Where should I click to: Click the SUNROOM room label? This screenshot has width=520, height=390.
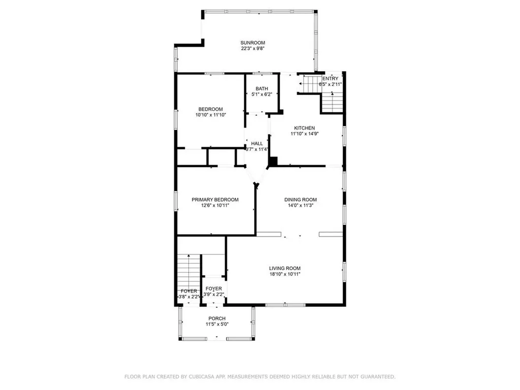[253, 43]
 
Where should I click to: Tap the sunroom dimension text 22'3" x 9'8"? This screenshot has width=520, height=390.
[253, 49]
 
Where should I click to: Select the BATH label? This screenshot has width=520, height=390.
[262, 89]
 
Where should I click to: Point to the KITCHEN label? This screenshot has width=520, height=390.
[305, 128]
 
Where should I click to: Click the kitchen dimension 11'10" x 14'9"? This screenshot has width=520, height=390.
[305, 134]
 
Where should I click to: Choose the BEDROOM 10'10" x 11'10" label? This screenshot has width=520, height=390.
[210, 109]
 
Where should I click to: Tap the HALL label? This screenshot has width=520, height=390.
[256, 144]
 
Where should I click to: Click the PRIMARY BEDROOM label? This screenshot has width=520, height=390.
[215, 200]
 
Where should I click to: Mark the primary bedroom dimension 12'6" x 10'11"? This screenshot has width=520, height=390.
[215, 206]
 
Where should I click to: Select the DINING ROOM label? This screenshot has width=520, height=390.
[300, 200]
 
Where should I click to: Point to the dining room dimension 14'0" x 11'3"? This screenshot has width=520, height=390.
[300, 206]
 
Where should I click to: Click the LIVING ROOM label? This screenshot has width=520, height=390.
[285, 268]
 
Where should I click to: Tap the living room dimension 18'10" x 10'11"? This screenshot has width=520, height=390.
[285, 274]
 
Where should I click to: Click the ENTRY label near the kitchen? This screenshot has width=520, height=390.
[330, 78]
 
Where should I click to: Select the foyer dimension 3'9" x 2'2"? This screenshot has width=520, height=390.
[214, 295]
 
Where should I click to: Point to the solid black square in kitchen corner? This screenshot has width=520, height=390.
[273, 162]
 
